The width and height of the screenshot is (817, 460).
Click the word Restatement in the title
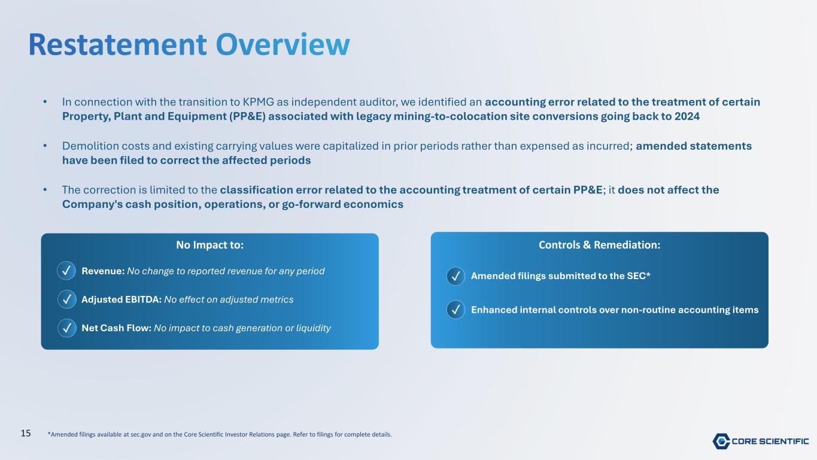(x=117, y=44)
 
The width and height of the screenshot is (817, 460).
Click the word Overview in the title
(x=283, y=44)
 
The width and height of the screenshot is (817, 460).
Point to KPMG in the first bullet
(x=258, y=102)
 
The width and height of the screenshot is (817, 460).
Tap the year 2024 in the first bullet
(x=687, y=116)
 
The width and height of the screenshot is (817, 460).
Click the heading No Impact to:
(x=209, y=244)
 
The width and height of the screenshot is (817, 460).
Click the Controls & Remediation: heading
(x=599, y=244)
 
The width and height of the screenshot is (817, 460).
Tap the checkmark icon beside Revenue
(x=66, y=271)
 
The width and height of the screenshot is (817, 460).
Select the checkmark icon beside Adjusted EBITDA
(x=67, y=299)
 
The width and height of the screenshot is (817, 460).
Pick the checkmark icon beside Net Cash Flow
(x=67, y=328)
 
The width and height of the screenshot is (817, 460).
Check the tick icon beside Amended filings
(x=455, y=276)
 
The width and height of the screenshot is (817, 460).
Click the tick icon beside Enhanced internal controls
(x=455, y=310)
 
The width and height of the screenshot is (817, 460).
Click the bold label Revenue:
(x=103, y=271)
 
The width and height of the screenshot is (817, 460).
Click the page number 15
(x=26, y=434)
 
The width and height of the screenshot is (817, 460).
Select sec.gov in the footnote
(x=141, y=434)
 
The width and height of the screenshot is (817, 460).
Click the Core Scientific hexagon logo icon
(x=721, y=441)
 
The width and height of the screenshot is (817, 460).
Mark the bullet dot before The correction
(x=45, y=189)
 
